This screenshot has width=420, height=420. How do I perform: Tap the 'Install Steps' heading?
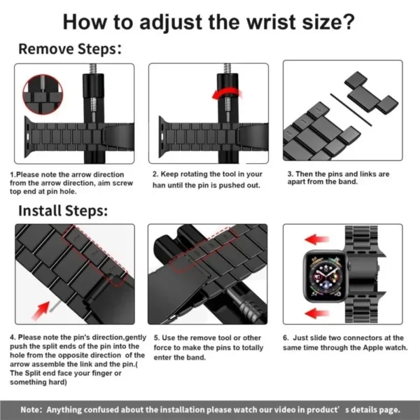tap(62, 210)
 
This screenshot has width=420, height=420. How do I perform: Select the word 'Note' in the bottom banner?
tap(30, 409)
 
